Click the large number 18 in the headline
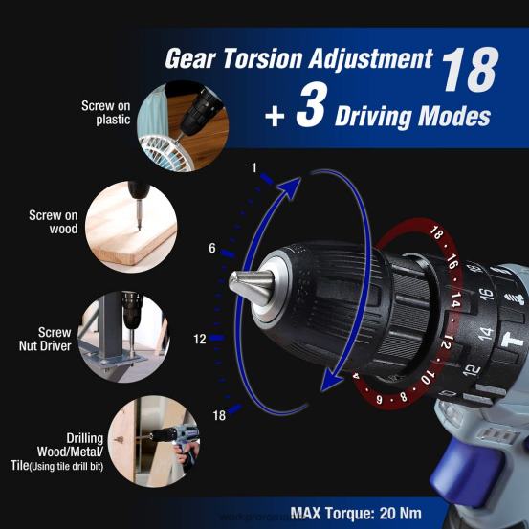[x=468, y=69]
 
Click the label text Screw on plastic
[x=105, y=113]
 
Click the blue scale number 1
[x=254, y=168]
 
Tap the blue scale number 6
[x=212, y=249]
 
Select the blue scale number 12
[x=200, y=339]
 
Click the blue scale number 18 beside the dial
[x=219, y=415]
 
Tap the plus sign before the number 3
[x=275, y=117]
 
